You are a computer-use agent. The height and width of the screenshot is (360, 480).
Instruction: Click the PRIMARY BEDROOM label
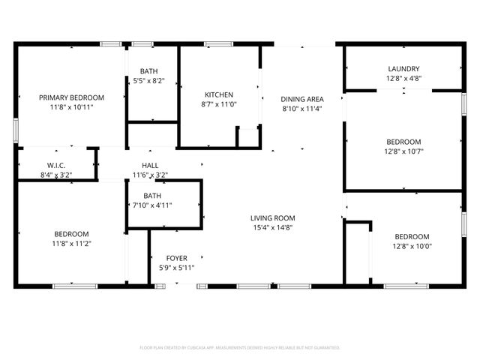pos(71,97)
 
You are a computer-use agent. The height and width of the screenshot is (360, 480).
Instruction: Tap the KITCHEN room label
pos(219,94)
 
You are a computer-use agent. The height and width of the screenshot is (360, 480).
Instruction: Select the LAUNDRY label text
pos(403,68)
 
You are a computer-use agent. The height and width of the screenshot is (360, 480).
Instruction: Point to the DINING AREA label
pos(302,99)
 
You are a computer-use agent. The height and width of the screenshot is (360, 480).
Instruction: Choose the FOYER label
pos(176,258)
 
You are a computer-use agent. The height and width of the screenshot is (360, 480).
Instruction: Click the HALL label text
pos(150,166)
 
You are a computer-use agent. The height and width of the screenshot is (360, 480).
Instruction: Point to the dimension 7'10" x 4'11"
pos(152,205)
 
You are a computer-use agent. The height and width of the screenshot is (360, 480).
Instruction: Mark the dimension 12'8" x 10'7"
pos(403,151)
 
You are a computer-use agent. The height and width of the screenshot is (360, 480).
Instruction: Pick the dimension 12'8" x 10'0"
pos(412,245)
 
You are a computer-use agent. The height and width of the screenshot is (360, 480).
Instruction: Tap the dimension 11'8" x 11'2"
pos(71,243)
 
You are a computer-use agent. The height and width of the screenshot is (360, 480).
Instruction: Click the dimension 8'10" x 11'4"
pos(302,108)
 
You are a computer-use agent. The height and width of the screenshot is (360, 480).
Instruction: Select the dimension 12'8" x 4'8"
pos(403,77)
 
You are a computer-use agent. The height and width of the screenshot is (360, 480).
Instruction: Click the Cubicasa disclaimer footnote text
pos(240,348)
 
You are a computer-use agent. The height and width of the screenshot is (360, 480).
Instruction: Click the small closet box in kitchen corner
pos(247,137)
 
